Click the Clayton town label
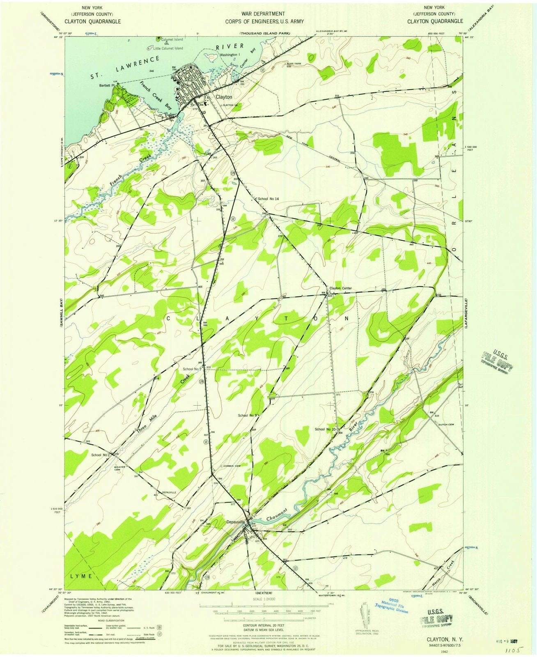[x=224, y=97]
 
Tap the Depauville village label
[x=236, y=522]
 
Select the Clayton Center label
[x=341, y=288]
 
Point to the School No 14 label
[x=268, y=199]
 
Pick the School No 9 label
[x=247, y=416]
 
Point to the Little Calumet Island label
[x=168, y=48]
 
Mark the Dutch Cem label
[x=446, y=425]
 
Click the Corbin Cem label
[x=232, y=466]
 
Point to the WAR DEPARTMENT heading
[x=269, y=14]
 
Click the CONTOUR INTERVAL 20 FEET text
[x=263, y=625]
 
